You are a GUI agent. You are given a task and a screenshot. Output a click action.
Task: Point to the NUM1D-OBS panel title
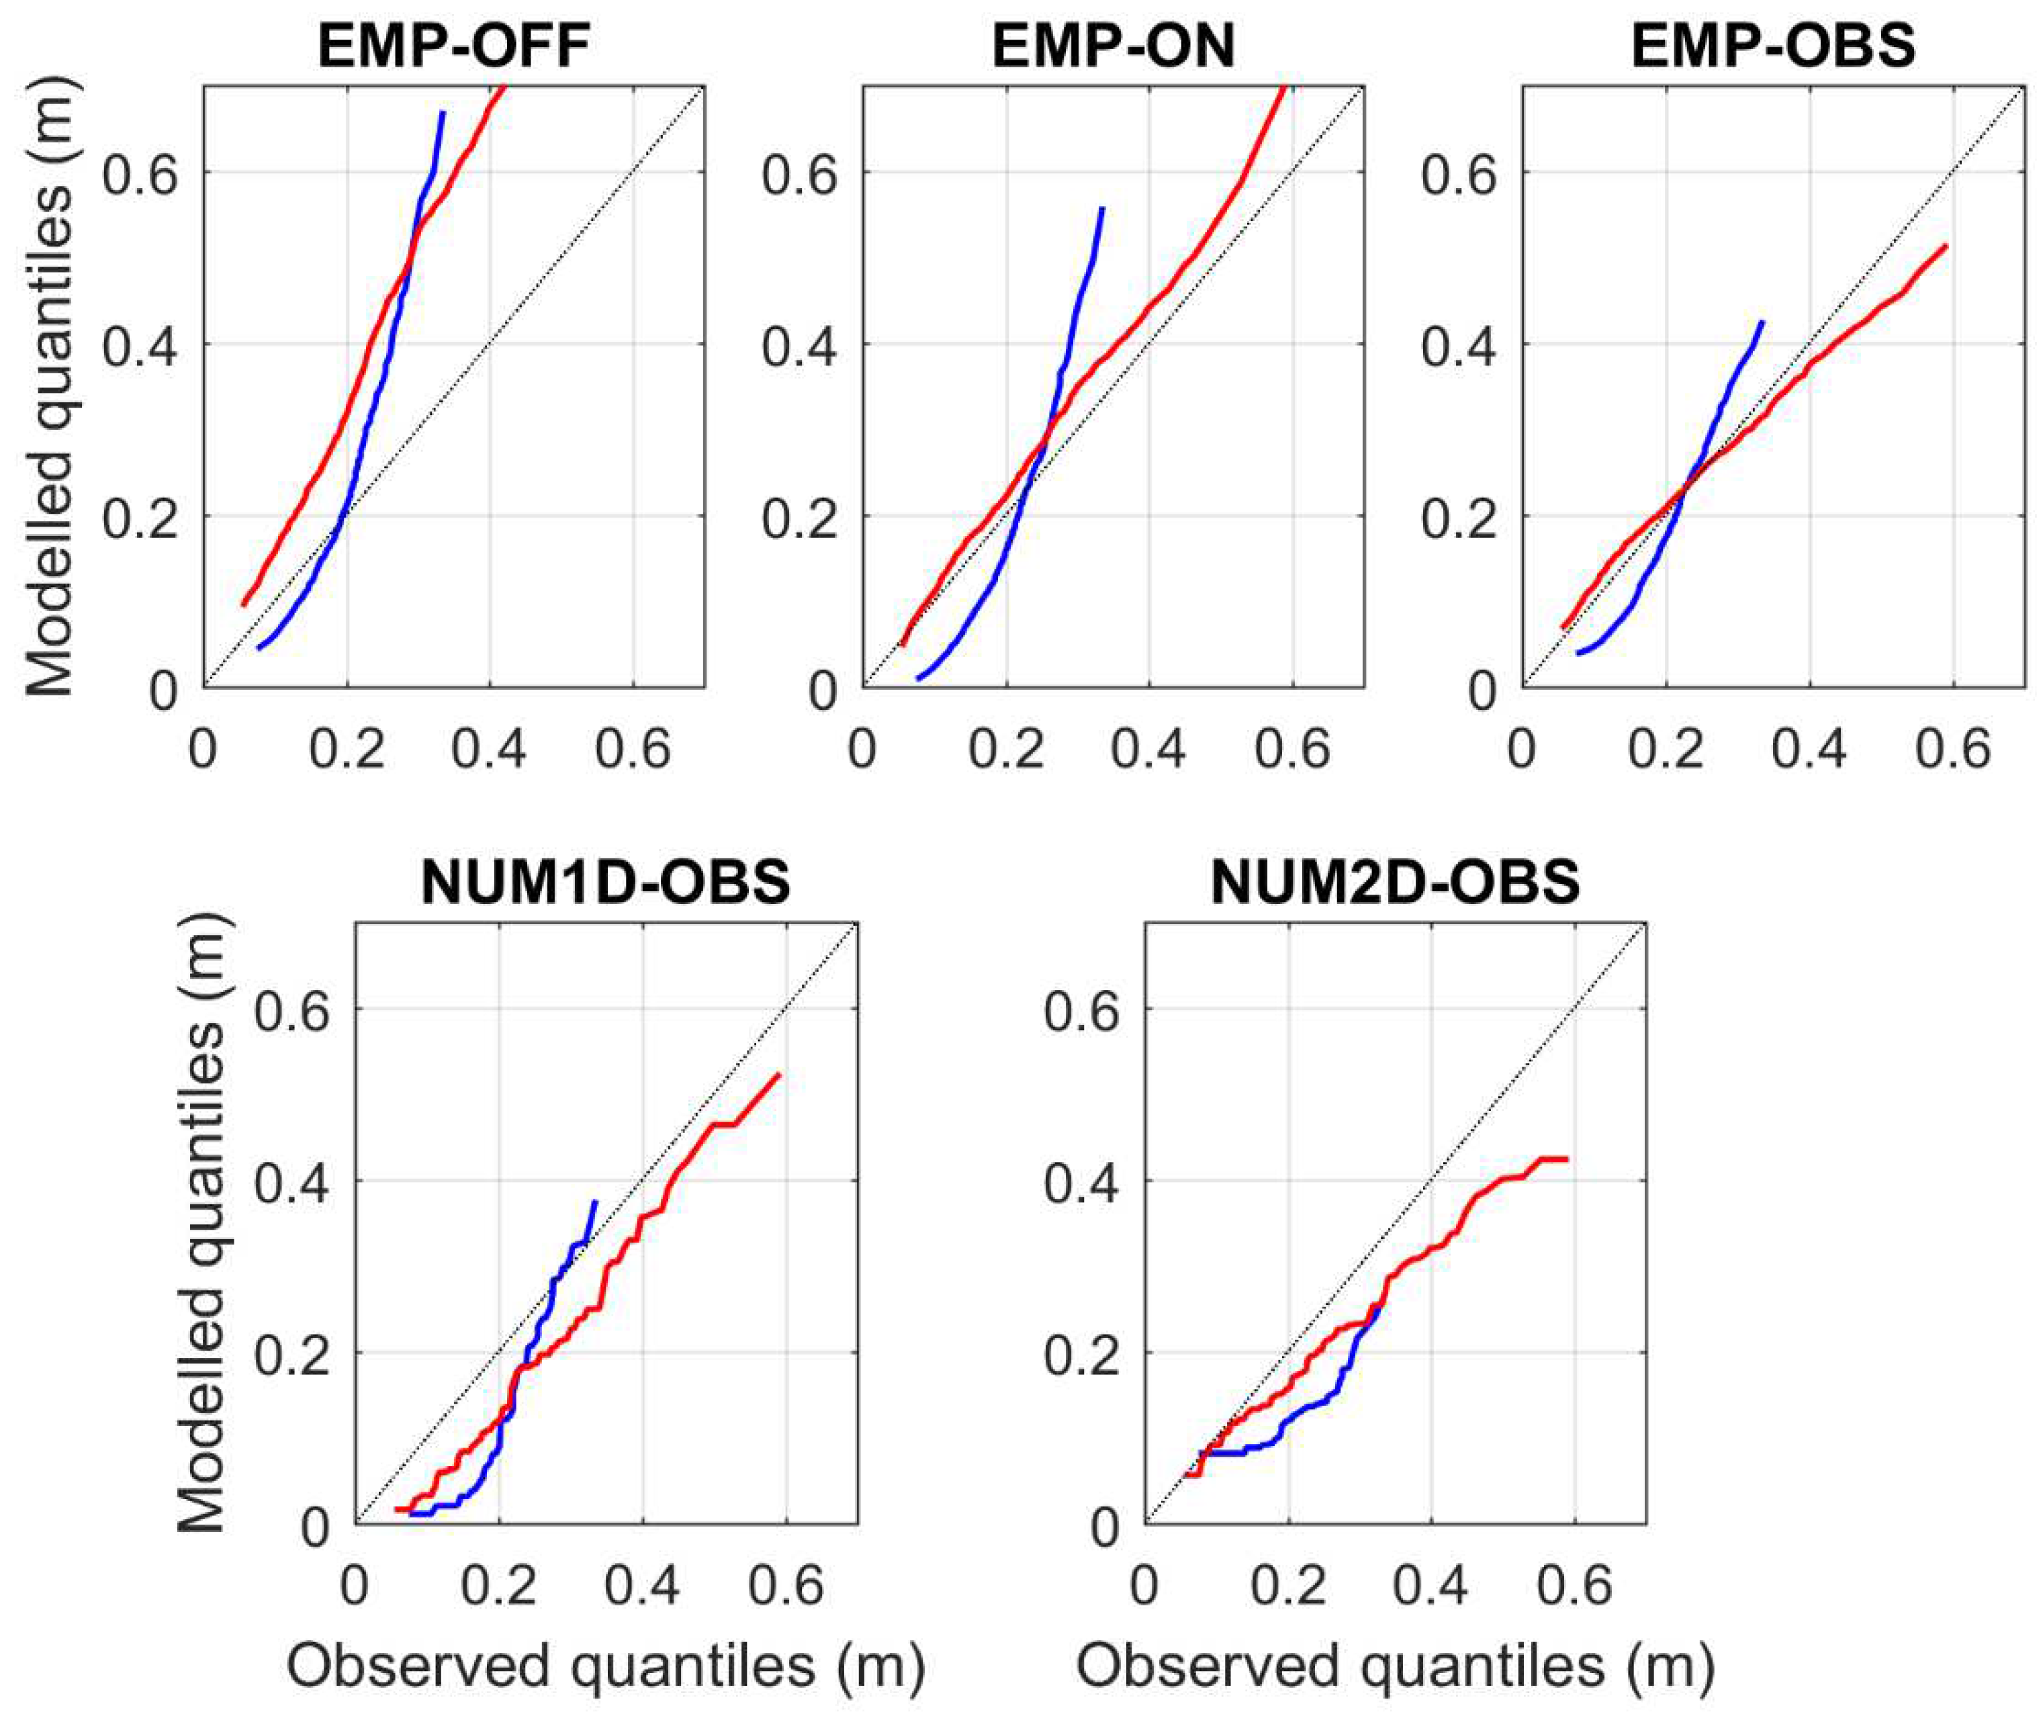[606, 883]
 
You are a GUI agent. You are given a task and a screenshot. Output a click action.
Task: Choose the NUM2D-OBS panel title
[1395, 883]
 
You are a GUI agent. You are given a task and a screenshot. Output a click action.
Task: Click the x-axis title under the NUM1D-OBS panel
[606, 1666]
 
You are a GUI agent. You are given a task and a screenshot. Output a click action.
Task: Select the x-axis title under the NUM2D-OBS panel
[1395, 1666]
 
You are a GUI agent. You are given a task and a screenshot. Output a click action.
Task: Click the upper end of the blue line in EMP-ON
[1101, 208]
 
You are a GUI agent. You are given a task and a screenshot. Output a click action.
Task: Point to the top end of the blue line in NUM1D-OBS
[596, 1202]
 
